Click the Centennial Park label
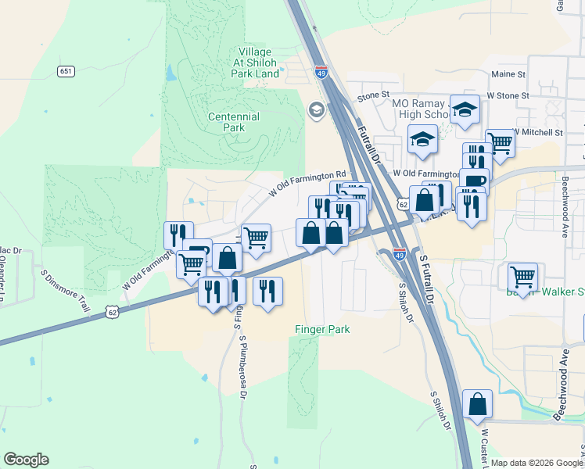[x=234, y=122]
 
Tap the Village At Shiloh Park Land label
[x=255, y=63]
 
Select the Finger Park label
[x=322, y=329]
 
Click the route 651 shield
[x=66, y=71]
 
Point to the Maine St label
[x=508, y=74]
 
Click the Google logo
[x=26, y=460]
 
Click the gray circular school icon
[x=317, y=109]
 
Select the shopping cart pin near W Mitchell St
[x=500, y=143]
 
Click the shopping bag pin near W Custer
[x=477, y=404]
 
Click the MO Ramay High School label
[x=422, y=109]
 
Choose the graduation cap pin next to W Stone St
[x=465, y=109]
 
